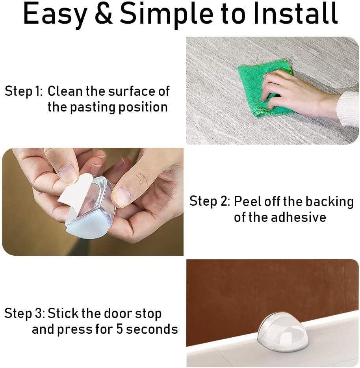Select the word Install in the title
pos(295,14)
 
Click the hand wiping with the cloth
pos(291,93)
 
